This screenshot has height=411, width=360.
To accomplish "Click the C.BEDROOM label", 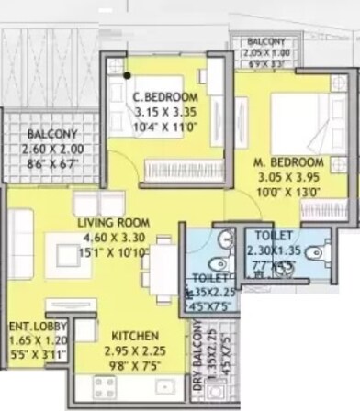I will pyautogui.click(x=165, y=96).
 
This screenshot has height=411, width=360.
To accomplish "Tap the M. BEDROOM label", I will pyautogui.click(x=286, y=164).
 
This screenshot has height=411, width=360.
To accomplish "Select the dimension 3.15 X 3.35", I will pyautogui.click(x=165, y=110).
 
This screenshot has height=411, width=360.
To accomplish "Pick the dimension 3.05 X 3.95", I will pyautogui.click(x=286, y=178).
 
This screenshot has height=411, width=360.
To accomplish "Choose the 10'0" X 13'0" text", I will pyautogui.click(x=286, y=192).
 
